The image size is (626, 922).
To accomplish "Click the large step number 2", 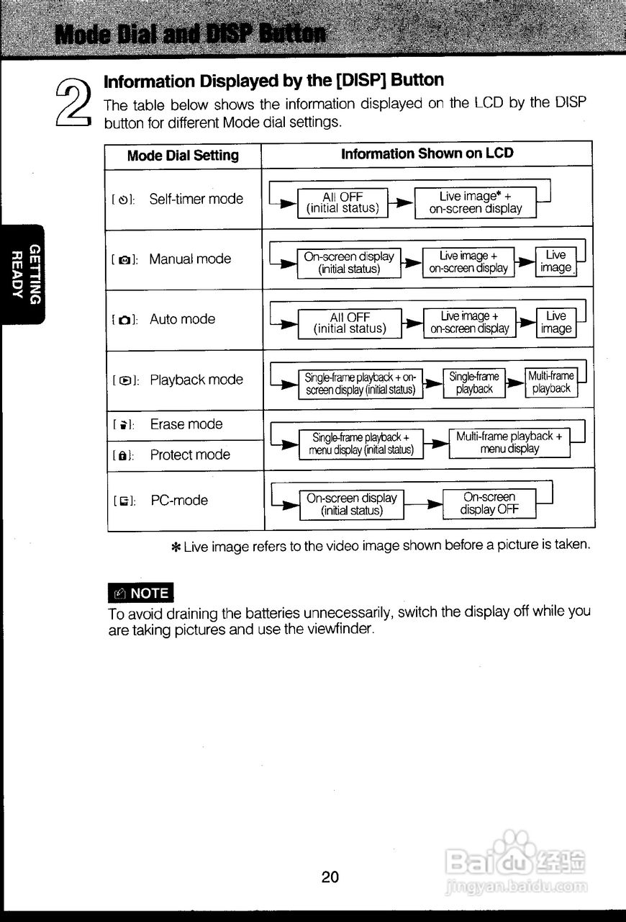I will click(x=73, y=103).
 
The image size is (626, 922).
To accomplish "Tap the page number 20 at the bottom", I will click(x=330, y=877).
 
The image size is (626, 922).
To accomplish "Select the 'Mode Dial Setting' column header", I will click(x=183, y=156).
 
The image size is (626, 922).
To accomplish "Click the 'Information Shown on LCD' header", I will click(x=427, y=153).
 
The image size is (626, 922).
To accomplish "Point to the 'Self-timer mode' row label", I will click(x=196, y=199).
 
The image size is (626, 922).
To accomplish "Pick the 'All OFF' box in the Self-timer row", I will click(x=343, y=202).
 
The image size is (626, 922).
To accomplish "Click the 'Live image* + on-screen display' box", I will click(x=475, y=202).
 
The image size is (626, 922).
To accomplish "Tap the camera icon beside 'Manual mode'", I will click(x=124, y=260).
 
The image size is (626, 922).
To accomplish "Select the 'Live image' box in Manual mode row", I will click(x=555, y=261).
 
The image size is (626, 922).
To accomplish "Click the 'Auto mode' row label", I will click(x=182, y=319).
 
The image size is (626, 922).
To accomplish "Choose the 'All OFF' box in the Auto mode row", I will click(x=350, y=323).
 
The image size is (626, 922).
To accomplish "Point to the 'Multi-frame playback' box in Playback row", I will click(x=551, y=382).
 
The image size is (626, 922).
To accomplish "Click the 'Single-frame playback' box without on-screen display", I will click(x=474, y=382).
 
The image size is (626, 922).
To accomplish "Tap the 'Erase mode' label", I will click(x=186, y=424).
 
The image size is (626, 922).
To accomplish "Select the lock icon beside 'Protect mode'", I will click(x=123, y=455).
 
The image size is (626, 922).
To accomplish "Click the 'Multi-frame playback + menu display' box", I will click(x=509, y=442).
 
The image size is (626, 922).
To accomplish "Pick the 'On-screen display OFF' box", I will click(x=489, y=503).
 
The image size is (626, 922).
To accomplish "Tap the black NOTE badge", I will click(x=140, y=593).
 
